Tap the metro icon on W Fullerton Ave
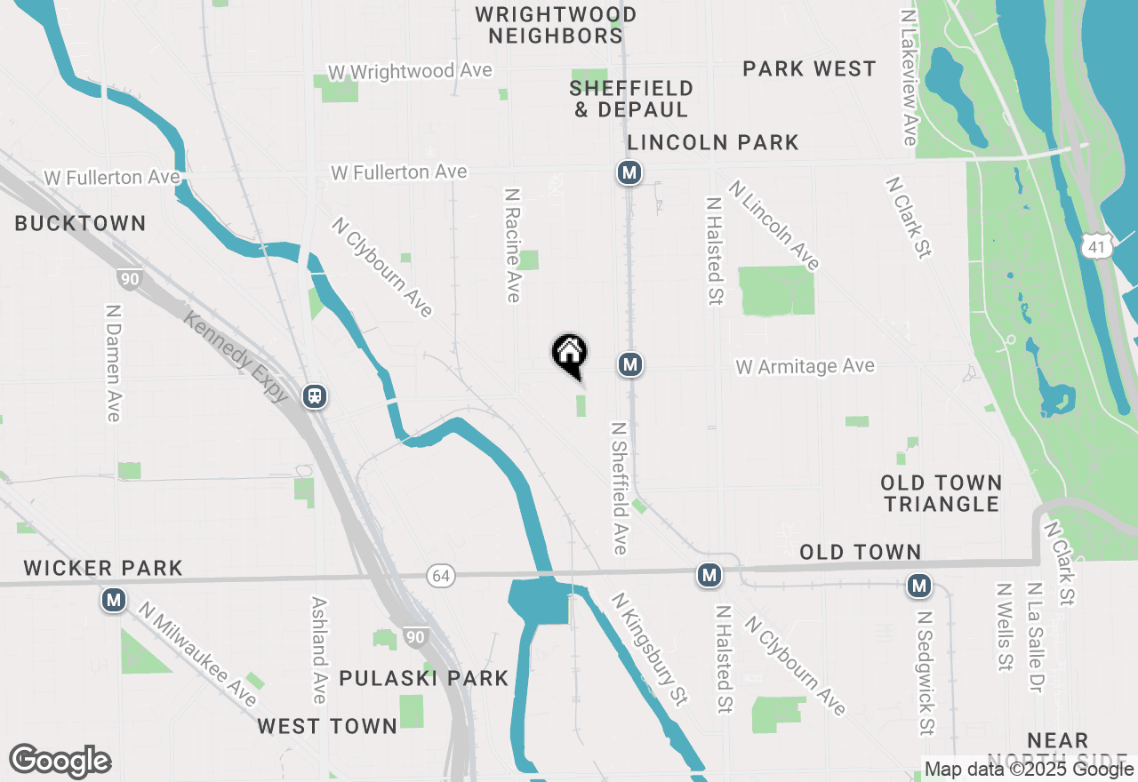629,172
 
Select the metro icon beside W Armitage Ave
629,364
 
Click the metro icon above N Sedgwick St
919,586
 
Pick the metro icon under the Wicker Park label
113,602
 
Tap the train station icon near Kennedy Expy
314,396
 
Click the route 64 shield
440,576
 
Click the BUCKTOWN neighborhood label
80,223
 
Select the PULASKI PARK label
424,679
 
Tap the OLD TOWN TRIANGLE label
942,493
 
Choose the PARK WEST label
809,69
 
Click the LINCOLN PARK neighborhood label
713,142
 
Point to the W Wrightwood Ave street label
410,71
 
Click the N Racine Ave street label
512,244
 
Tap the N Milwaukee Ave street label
197,652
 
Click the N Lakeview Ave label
908,77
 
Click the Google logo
60,762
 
